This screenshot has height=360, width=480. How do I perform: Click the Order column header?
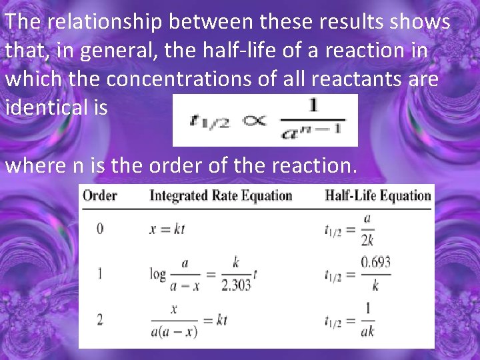[100, 195]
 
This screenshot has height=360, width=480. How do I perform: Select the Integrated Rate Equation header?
[221, 195]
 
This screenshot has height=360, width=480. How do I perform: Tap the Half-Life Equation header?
[377, 195]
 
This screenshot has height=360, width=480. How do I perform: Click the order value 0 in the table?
[100, 229]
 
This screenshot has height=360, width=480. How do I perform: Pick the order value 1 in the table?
[100, 273]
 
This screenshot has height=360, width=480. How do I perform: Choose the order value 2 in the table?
[100, 319]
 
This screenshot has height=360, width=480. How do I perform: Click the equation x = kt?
[167, 229]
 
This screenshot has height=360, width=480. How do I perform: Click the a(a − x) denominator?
[174, 331]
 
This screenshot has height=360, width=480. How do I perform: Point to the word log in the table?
[157, 273]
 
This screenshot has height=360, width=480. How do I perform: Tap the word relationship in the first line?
[103, 22]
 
